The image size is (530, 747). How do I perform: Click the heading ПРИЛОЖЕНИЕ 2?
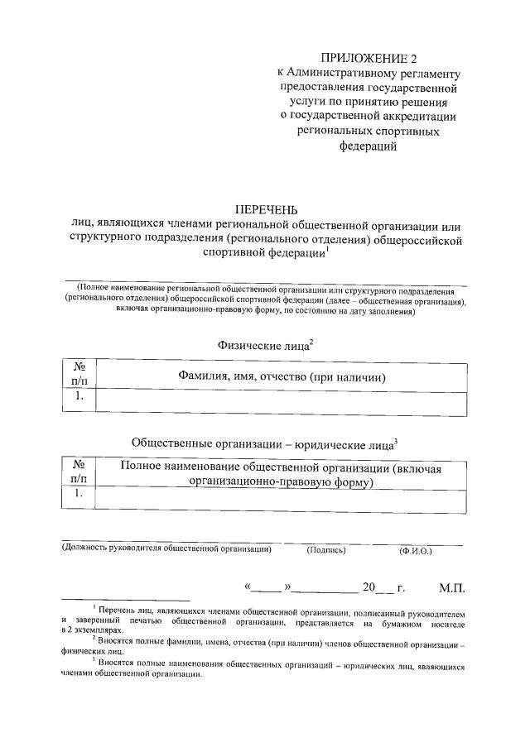(x=369, y=58)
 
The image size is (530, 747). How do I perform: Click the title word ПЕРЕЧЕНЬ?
(x=267, y=209)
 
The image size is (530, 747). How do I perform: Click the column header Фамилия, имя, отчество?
(x=282, y=377)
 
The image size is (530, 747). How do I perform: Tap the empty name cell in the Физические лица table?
(x=282, y=399)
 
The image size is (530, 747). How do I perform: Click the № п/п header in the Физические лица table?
(x=80, y=373)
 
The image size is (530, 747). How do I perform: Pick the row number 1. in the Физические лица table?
(x=80, y=397)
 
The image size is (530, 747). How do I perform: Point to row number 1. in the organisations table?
(x=80, y=494)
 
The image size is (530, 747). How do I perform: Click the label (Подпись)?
(x=326, y=550)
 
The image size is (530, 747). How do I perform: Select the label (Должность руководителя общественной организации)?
(x=168, y=549)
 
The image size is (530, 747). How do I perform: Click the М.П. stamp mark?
(x=452, y=588)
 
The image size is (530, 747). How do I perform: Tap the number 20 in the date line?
(x=369, y=588)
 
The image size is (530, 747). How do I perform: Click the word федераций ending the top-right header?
(x=369, y=147)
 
